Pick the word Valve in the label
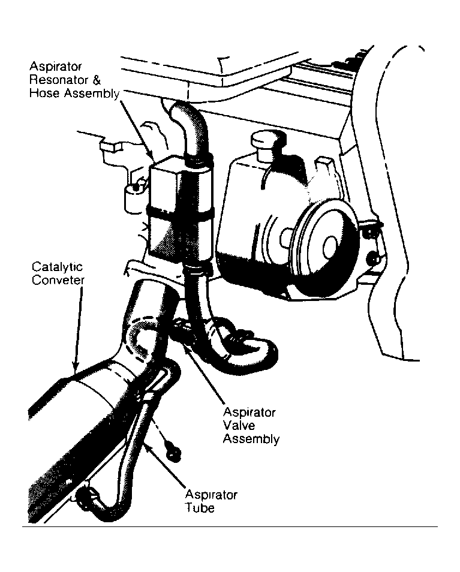point(239,426)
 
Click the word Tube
point(199,508)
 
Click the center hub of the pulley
point(329,244)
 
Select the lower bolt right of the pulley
point(374,259)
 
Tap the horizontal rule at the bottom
point(230,526)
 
